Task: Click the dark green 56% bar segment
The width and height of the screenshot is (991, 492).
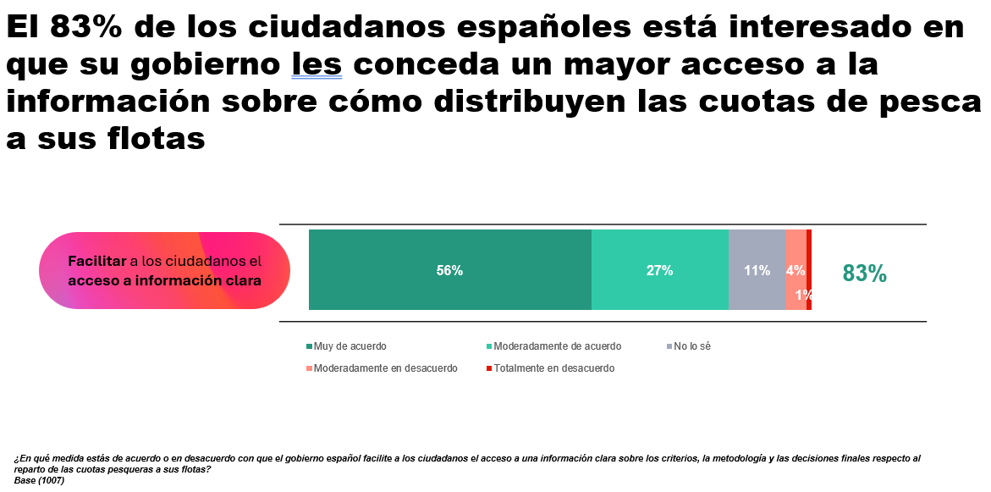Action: coord(450,270)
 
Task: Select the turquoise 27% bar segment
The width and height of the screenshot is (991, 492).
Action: coord(660,270)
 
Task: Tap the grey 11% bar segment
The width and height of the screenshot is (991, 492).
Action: coord(757,270)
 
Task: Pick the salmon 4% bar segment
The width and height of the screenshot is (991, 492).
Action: coord(796,270)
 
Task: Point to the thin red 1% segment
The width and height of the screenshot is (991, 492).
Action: coord(809,270)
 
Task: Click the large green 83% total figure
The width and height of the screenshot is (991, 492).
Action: coord(865,274)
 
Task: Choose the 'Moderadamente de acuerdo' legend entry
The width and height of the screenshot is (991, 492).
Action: coord(553,346)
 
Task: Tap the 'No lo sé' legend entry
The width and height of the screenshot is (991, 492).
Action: coord(688,346)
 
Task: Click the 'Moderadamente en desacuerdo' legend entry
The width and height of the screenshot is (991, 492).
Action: coord(382,368)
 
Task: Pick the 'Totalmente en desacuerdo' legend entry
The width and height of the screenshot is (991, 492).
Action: coord(550,368)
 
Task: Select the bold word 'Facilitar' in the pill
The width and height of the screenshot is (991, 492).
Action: coord(97,261)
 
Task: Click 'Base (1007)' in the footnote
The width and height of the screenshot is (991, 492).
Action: coord(39,480)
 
